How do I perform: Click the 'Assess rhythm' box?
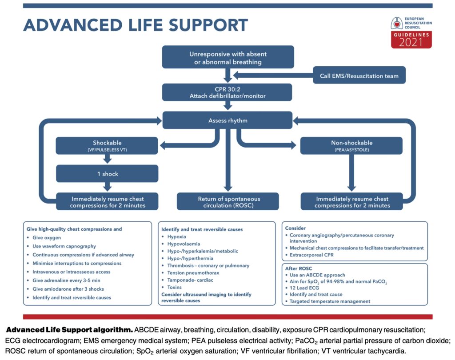(227, 120)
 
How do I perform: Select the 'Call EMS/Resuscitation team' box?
(359, 76)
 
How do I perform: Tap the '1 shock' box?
(107, 174)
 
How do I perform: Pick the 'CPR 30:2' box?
(227, 92)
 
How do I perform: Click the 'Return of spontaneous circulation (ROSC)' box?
(228, 201)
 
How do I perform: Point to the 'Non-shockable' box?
(351, 145)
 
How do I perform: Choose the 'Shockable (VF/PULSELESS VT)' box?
(107, 145)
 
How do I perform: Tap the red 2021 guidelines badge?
(411, 40)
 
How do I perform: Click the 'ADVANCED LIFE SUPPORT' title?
(136, 25)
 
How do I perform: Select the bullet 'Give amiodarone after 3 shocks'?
(68, 289)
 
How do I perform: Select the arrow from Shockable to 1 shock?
(108, 159)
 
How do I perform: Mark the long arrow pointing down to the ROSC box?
(228, 160)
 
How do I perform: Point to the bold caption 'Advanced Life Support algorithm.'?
(69, 330)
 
